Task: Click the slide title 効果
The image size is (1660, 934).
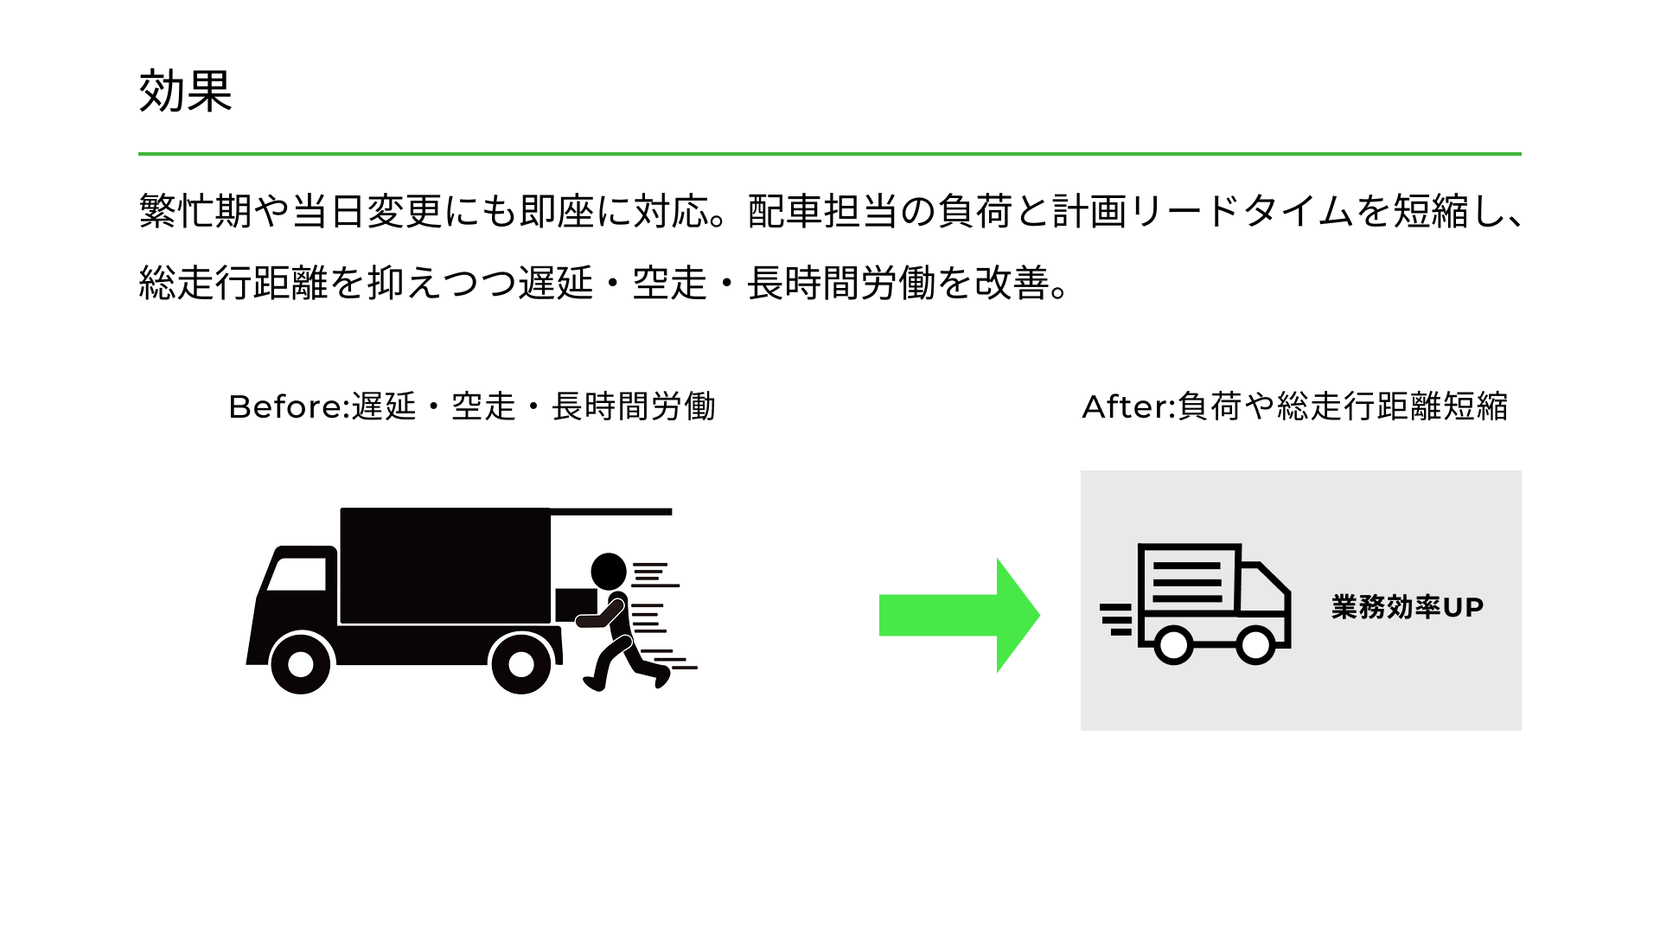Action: (185, 91)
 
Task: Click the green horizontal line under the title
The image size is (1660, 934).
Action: (829, 154)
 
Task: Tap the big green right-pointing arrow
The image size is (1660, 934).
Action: (959, 615)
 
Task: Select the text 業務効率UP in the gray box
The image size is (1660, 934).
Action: (1407, 607)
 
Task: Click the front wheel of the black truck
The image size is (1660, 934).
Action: (300, 664)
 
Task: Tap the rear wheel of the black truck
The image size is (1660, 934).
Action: (520, 664)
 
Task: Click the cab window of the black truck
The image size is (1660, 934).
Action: (297, 573)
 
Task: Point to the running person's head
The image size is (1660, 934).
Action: (609, 571)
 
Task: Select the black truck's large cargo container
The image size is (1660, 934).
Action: (444, 565)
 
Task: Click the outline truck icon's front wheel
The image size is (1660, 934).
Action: (1255, 644)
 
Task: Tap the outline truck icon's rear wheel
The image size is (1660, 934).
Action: (1173, 644)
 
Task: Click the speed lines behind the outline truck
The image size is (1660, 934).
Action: (1116, 619)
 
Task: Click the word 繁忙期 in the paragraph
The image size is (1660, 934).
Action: (195, 211)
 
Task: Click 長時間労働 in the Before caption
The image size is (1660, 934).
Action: (634, 406)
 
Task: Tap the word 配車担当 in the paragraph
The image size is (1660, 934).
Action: (822, 211)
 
